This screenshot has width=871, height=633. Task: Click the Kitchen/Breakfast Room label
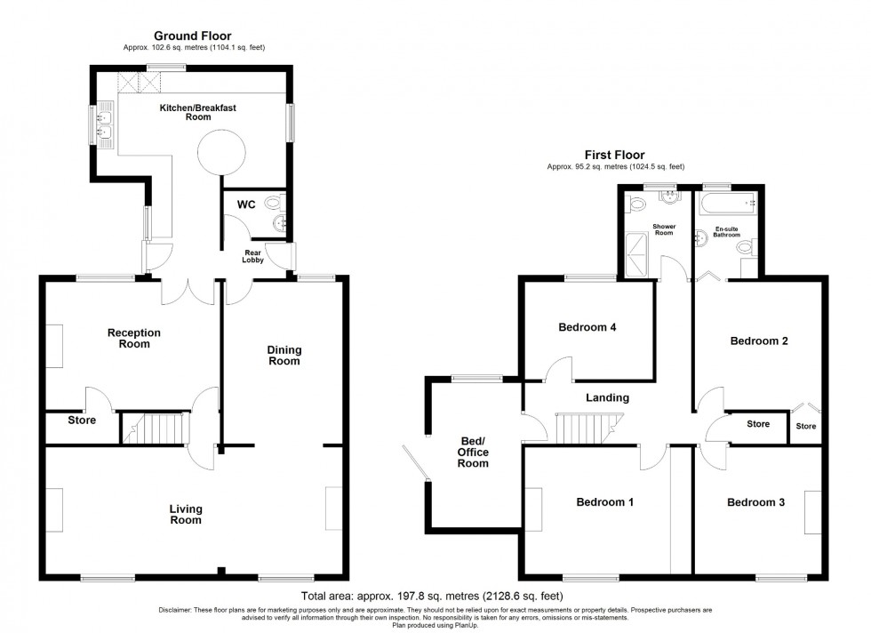[197, 113]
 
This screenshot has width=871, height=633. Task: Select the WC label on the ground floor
[246, 204]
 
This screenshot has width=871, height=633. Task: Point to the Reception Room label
[134, 338]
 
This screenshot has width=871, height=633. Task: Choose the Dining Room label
[284, 355]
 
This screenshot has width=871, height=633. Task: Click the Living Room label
[186, 514]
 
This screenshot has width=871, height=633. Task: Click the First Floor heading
[614, 155]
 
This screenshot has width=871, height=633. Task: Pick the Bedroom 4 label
[587, 327]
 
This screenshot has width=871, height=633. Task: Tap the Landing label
[608, 397]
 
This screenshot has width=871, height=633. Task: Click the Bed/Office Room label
[473, 452]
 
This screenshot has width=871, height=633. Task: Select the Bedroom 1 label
[605, 502]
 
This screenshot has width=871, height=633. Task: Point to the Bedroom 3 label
[755, 502]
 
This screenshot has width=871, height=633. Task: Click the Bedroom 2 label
[759, 341]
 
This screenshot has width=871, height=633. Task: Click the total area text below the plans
[433, 596]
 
